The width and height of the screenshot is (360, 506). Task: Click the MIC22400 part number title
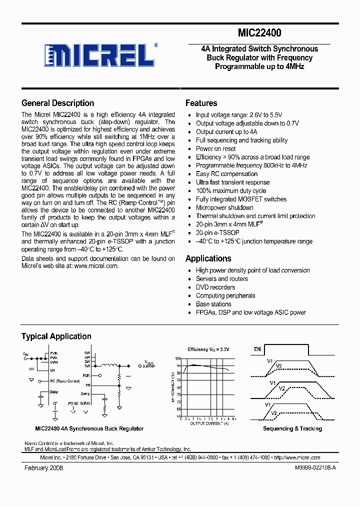coord(259,33)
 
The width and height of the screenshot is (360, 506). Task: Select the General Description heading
coord(57,103)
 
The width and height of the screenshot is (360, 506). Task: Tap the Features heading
coord(201,103)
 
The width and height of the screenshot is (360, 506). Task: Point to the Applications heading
coord(208,258)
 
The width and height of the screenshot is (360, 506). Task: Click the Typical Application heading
coord(56,336)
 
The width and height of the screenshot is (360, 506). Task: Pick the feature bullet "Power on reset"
coord(215,148)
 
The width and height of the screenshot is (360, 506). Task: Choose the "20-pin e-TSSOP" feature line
coord(217,232)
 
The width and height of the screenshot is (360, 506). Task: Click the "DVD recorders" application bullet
coord(215,287)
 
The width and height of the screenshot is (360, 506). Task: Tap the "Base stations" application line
coord(213,304)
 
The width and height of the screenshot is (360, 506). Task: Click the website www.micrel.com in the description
coord(96,266)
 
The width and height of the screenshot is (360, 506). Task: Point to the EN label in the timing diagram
coord(257,349)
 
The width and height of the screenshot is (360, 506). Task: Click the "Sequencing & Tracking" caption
coord(292,428)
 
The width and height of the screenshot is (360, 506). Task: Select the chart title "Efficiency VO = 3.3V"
coord(208,349)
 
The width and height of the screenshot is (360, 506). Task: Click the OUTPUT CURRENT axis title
coord(208,423)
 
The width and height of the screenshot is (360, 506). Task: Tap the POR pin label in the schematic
coord(86,374)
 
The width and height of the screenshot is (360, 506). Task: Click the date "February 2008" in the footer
coord(43,467)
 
